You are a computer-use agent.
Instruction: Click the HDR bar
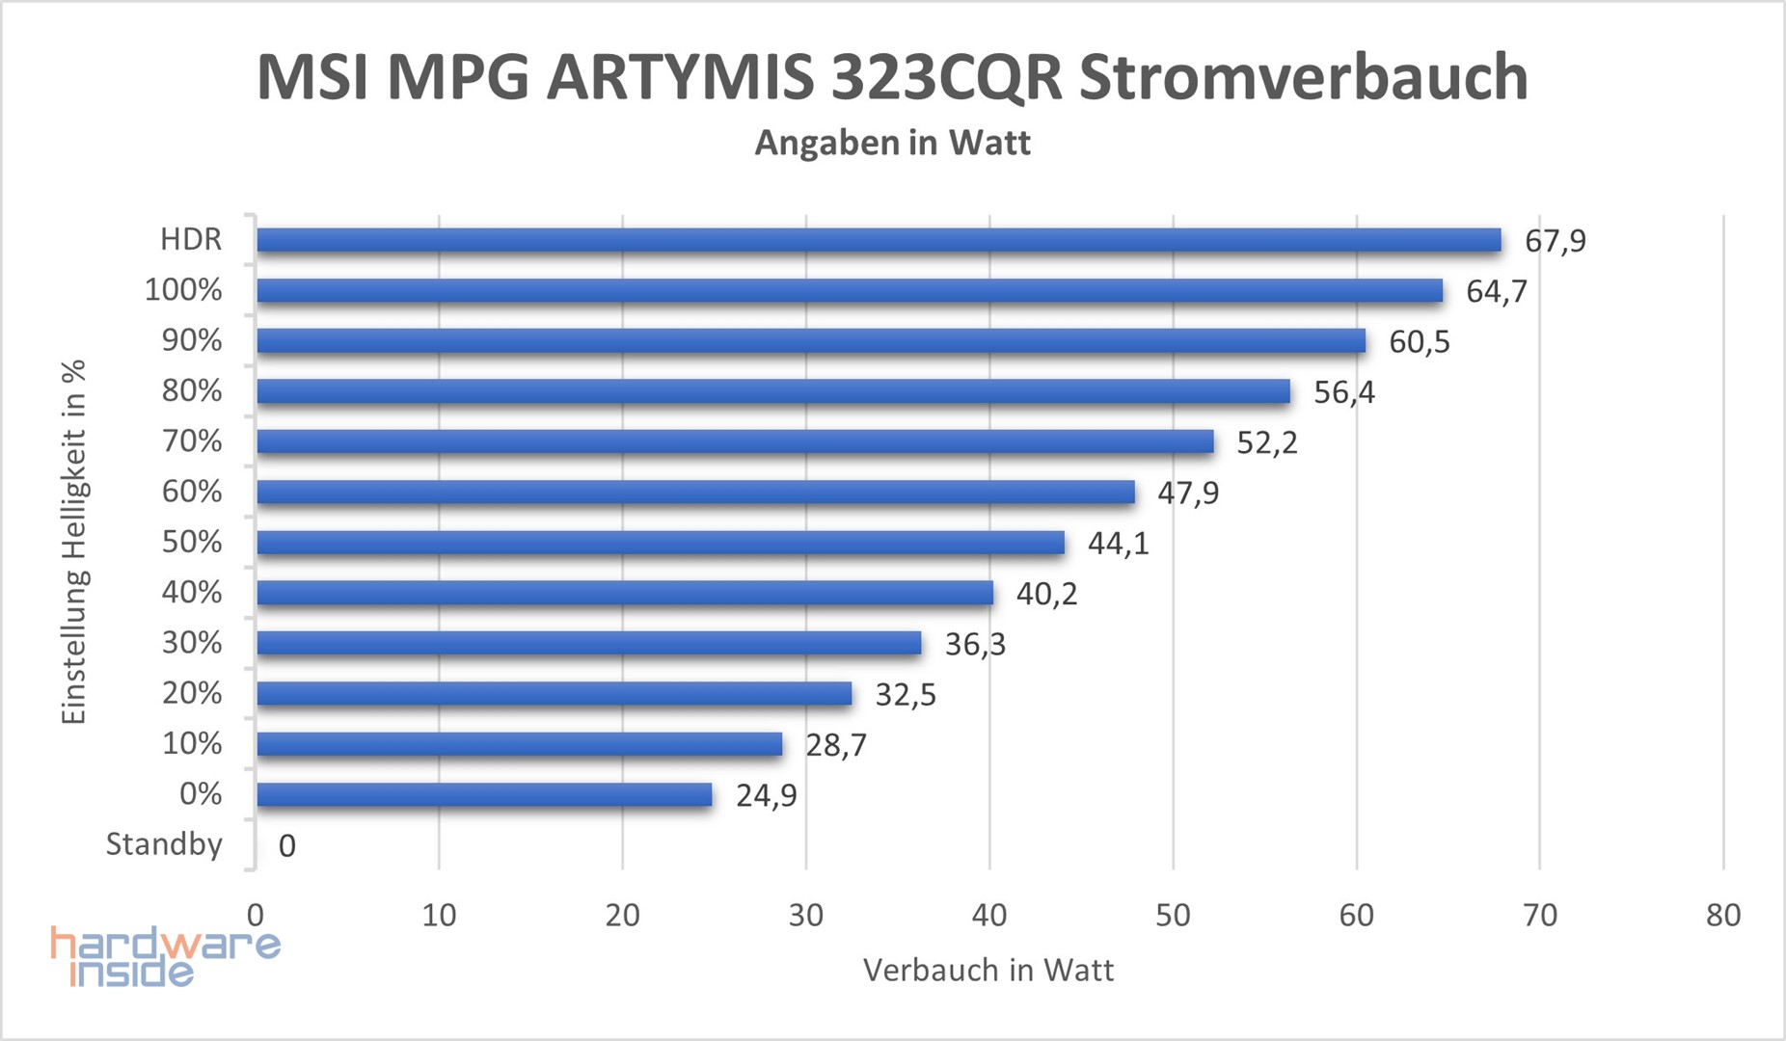click(878, 240)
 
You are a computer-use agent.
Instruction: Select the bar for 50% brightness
click(661, 543)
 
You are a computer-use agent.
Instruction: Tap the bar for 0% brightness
click(484, 794)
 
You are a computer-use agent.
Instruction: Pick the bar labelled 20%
click(555, 694)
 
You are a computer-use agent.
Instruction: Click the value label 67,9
click(1555, 241)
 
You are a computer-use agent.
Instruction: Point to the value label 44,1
click(1118, 544)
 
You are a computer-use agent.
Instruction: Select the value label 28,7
click(836, 745)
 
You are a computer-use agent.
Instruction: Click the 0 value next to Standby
click(286, 846)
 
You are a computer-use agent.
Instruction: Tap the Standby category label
click(164, 844)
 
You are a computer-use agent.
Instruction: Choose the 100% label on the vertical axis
click(183, 290)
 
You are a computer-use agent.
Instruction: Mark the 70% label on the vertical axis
click(192, 441)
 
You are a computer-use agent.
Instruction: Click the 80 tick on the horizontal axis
click(1722, 915)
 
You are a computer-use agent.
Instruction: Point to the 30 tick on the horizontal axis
click(805, 915)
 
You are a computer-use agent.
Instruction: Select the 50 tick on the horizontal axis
click(1173, 915)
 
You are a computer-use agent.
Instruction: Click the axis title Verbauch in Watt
click(988, 970)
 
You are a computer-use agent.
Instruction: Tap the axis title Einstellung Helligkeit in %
click(74, 542)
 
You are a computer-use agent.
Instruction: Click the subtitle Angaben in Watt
click(892, 143)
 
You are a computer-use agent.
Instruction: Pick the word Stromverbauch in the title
click(1303, 77)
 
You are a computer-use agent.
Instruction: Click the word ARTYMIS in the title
click(680, 77)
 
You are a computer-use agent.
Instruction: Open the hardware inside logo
click(164, 956)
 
